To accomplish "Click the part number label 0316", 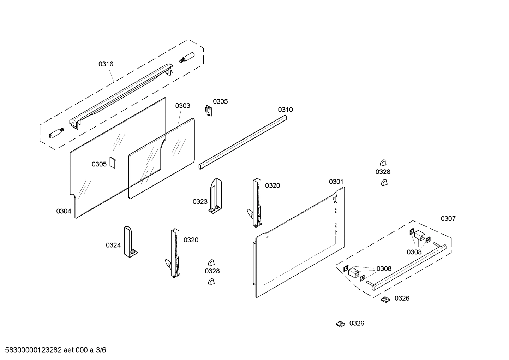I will (106, 64).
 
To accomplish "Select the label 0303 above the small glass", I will (182, 106).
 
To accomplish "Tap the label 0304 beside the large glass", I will (64, 211).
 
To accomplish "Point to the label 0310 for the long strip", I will (285, 110).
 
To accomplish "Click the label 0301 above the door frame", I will (336, 182).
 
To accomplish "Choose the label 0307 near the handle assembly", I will (448, 219).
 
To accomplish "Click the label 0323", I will (200, 201).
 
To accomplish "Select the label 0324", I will (113, 245).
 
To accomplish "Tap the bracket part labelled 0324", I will (129, 242).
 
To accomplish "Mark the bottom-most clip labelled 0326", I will (340, 324).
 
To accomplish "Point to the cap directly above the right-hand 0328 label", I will (383, 163).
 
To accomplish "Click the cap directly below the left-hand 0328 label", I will (211, 281).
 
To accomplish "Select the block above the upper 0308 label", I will (420, 235).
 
